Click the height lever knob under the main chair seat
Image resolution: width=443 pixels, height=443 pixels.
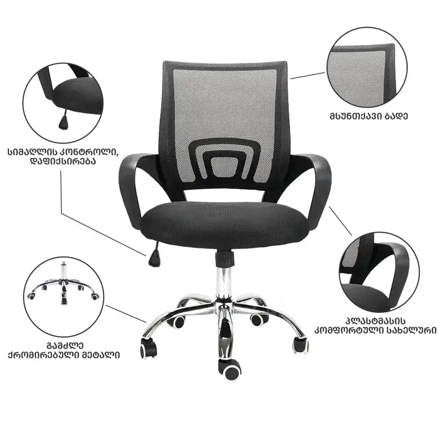tap(154, 259)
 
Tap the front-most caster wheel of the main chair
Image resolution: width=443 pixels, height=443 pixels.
tap(229, 369)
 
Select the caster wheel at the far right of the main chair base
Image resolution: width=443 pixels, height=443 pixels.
tap(301, 344)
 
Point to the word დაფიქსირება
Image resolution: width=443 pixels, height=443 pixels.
tap(63, 161)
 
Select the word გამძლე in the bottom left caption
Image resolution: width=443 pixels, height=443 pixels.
tap(65, 346)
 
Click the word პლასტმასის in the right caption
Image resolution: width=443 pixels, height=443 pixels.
tap(375, 322)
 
